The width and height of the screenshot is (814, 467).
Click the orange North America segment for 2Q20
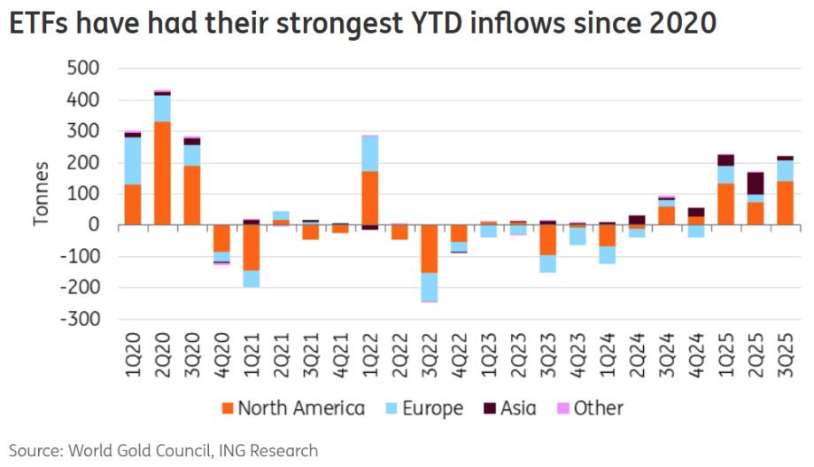click(x=162, y=174)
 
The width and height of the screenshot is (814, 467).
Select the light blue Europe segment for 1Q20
click(x=133, y=160)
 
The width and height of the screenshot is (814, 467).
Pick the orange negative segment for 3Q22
click(x=429, y=249)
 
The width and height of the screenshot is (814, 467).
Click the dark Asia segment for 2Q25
click(x=756, y=183)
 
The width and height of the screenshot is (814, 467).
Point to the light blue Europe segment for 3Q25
click(x=785, y=170)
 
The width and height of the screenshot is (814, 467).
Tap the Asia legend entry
click(x=518, y=409)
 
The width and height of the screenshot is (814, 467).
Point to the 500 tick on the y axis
click(x=82, y=69)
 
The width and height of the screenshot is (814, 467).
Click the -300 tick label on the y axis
click(x=79, y=319)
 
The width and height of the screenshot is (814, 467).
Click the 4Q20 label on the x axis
click(x=221, y=351)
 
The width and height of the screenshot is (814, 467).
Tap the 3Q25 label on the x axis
click(x=785, y=351)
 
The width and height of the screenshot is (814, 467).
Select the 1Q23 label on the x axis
click(x=488, y=351)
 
